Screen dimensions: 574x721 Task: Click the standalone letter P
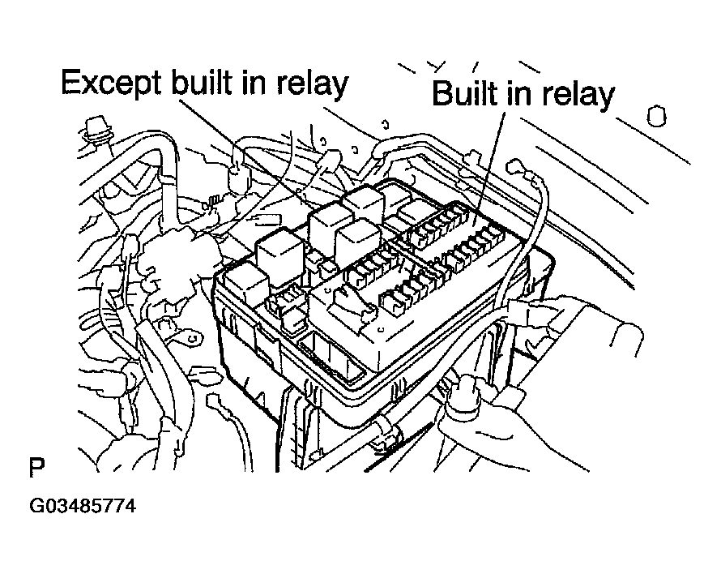pyautogui.click(x=36, y=468)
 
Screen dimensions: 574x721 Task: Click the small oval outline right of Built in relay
pyautogui.click(x=656, y=117)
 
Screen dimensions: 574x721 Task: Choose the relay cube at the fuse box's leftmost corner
pyautogui.click(x=245, y=284)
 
